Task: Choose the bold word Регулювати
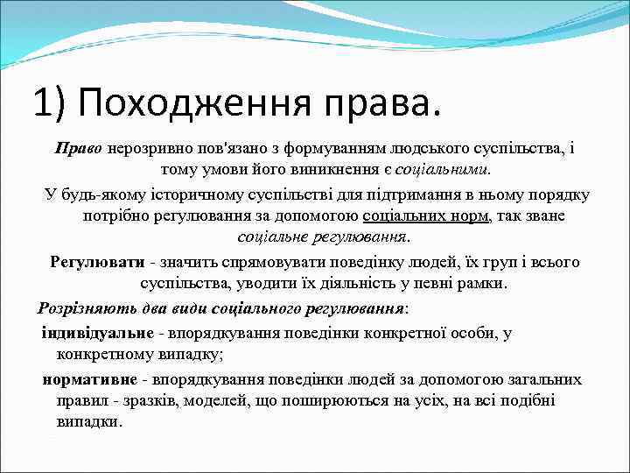point(96,262)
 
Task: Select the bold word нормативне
point(90,378)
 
